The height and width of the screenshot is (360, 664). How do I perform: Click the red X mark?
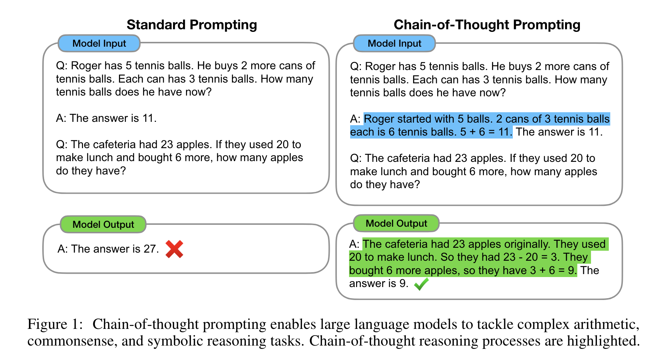pos(174,249)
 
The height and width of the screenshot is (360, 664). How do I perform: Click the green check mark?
pos(421,284)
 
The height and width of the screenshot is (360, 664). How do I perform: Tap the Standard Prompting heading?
pos(192,25)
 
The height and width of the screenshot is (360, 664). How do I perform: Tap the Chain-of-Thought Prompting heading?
pos(487,25)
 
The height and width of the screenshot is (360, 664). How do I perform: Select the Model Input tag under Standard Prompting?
pos(99,43)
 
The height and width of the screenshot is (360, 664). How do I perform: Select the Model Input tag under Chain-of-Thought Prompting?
pos(394,43)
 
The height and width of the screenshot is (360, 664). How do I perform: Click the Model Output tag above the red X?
pos(103,224)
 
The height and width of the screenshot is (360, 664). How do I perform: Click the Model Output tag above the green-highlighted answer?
pos(396,223)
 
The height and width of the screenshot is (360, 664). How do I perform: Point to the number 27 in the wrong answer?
pos(150,249)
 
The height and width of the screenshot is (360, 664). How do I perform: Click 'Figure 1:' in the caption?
pos(54,324)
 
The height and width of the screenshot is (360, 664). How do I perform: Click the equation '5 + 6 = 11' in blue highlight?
pos(486,132)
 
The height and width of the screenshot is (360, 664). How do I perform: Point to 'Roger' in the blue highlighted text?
pos(379,119)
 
